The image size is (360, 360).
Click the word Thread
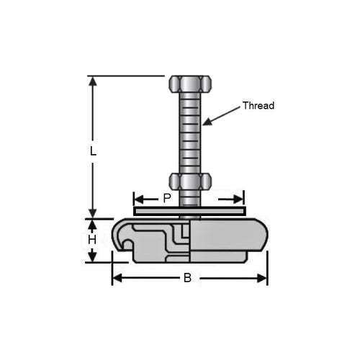258,105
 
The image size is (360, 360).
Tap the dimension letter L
92,151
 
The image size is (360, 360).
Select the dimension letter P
167,198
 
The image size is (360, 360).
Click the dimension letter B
186,279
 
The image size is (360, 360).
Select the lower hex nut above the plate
189,181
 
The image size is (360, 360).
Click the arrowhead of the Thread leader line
206,122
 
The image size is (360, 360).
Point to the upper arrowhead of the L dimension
92,80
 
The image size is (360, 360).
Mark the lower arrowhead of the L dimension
92,214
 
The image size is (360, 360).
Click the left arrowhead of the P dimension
138,198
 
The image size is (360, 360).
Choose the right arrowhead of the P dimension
240,198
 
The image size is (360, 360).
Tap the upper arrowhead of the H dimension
92,223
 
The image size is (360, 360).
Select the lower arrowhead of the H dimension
92,258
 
